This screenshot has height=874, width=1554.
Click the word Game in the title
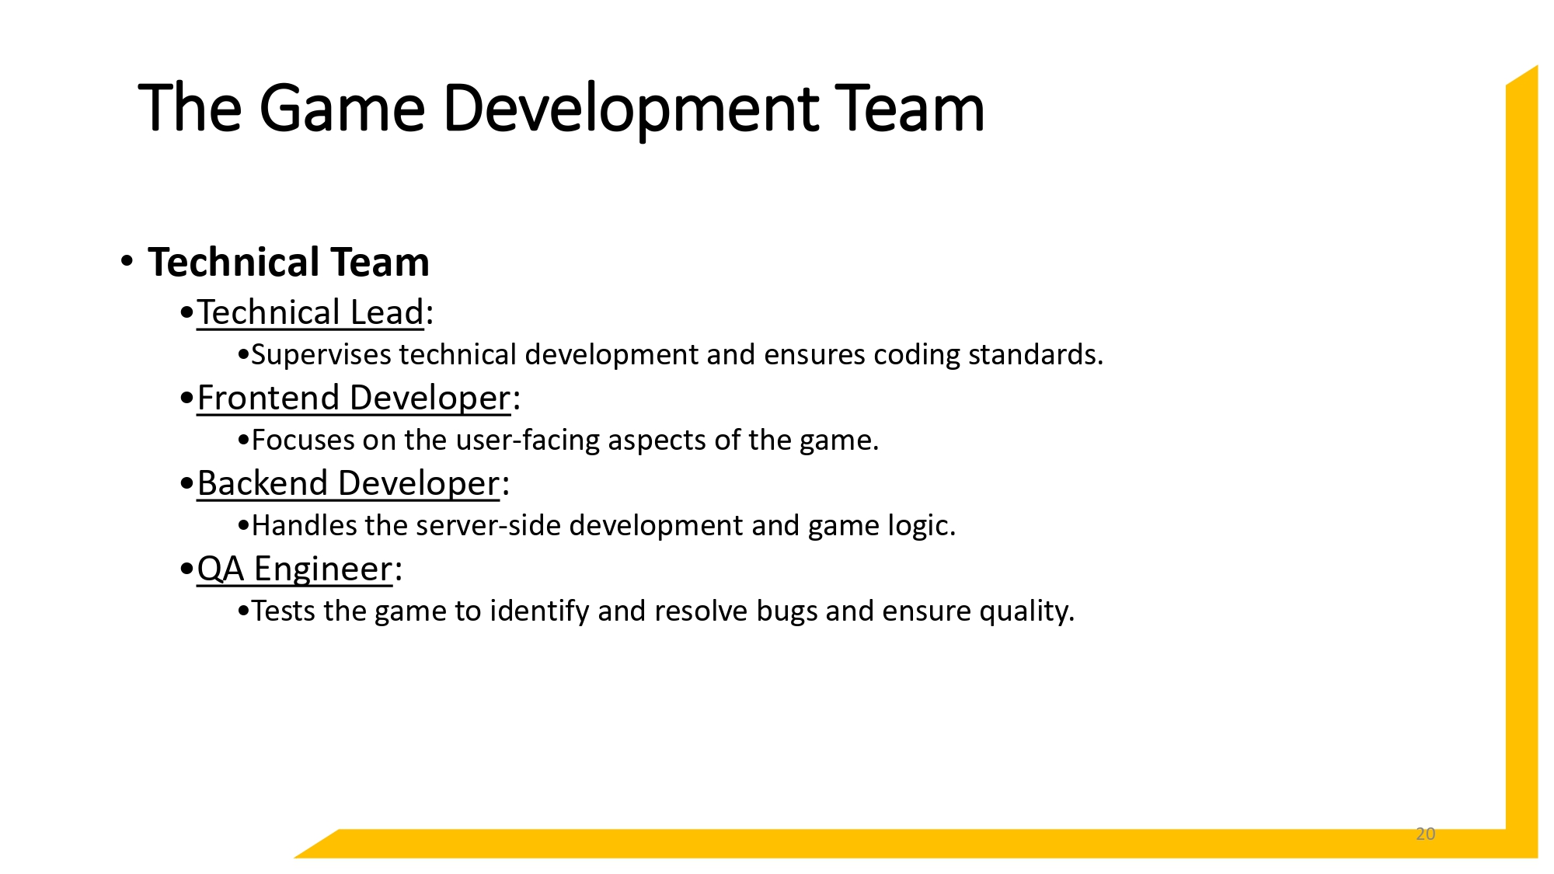[342, 108]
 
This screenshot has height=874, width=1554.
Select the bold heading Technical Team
[288, 262]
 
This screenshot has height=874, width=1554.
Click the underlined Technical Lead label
[310, 312]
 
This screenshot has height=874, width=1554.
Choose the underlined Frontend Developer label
[354, 398]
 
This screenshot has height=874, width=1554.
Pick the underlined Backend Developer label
[348, 483]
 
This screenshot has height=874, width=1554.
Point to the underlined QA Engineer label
[294, 569]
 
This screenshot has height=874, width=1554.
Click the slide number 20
[1425, 834]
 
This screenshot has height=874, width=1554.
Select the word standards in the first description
[1035, 355]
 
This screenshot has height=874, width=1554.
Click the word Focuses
[303, 440]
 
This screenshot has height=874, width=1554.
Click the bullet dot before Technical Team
[127, 260]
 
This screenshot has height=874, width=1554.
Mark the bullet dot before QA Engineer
[186, 569]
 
